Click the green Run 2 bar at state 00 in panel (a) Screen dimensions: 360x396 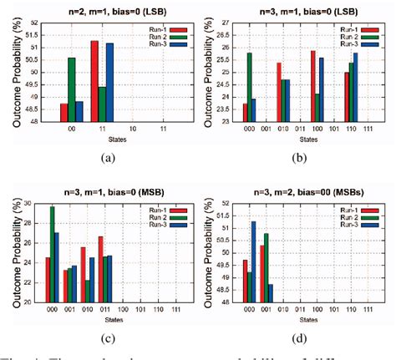(x=72, y=92)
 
